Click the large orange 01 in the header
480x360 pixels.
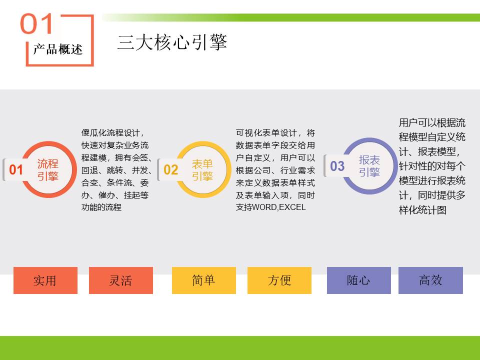[x=36, y=23]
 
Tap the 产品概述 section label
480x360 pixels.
[x=58, y=49]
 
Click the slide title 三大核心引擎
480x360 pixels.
[x=172, y=42]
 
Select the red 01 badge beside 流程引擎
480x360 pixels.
[x=16, y=169]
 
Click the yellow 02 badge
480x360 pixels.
[x=171, y=169]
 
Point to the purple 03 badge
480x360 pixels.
[x=337, y=166]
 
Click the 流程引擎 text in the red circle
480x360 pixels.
[x=48, y=170]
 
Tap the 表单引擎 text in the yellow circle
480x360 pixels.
[x=202, y=170]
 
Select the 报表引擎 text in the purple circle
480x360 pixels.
[x=369, y=166]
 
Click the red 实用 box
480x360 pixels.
[x=45, y=280]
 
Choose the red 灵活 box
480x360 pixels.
[x=121, y=280]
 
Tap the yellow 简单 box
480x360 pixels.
[x=204, y=280]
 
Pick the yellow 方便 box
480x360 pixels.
[x=279, y=280]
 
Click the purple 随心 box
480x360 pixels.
[x=359, y=280]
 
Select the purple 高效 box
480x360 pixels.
[x=430, y=280]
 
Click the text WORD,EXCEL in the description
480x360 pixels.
[x=279, y=207]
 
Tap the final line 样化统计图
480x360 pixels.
[x=422, y=210]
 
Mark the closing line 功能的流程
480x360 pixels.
[x=101, y=207]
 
